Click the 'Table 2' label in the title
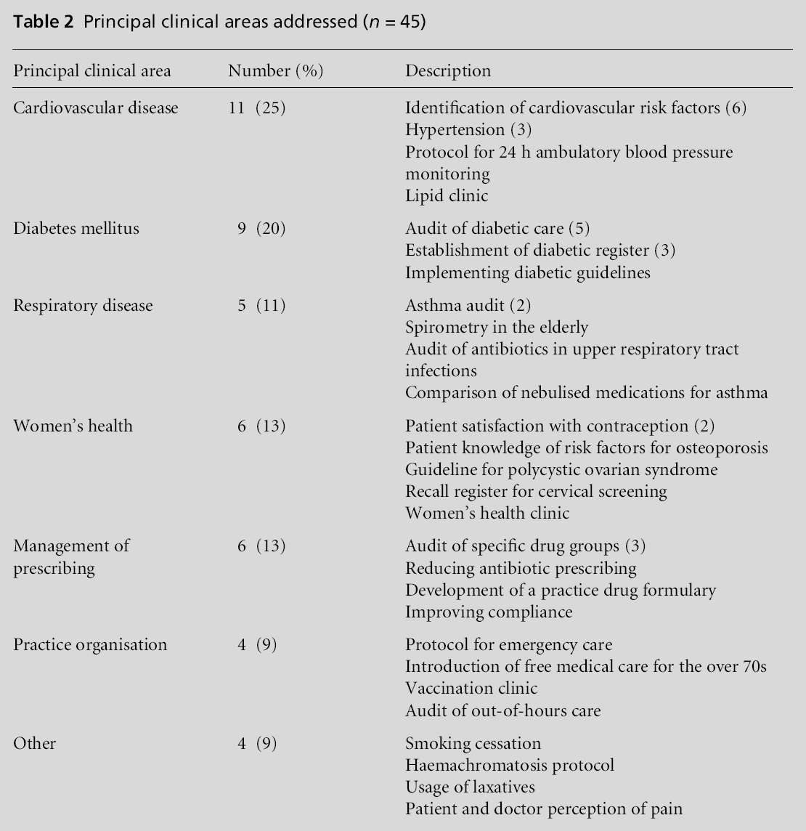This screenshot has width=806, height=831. click(x=43, y=22)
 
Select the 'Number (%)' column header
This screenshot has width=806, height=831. click(x=275, y=70)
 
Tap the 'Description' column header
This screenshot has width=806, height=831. click(x=447, y=70)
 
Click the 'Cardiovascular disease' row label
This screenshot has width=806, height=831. click(x=96, y=108)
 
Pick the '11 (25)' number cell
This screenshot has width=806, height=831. click(x=257, y=108)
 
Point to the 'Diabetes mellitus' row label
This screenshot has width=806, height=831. click(x=76, y=228)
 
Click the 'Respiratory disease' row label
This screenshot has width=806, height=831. click(x=83, y=305)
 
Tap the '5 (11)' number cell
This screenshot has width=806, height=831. click(x=261, y=305)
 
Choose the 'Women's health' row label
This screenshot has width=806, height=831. click(x=73, y=425)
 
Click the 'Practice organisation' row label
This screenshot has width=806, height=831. click(x=90, y=644)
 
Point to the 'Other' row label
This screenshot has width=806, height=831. click(x=34, y=743)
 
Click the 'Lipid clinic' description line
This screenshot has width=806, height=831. click(x=447, y=195)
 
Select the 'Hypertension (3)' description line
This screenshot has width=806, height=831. click(x=468, y=130)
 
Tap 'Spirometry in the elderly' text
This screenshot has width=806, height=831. click(x=497, y=327)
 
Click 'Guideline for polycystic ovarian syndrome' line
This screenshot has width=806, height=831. click(x=561, y=469)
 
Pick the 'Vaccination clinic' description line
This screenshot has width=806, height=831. click(x=471, y=688)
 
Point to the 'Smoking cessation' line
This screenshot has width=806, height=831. click(x=473, y=743)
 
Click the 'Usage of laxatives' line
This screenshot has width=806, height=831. click(x=470, y=787)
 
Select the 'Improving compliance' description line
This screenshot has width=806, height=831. click(x=489, y=612)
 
